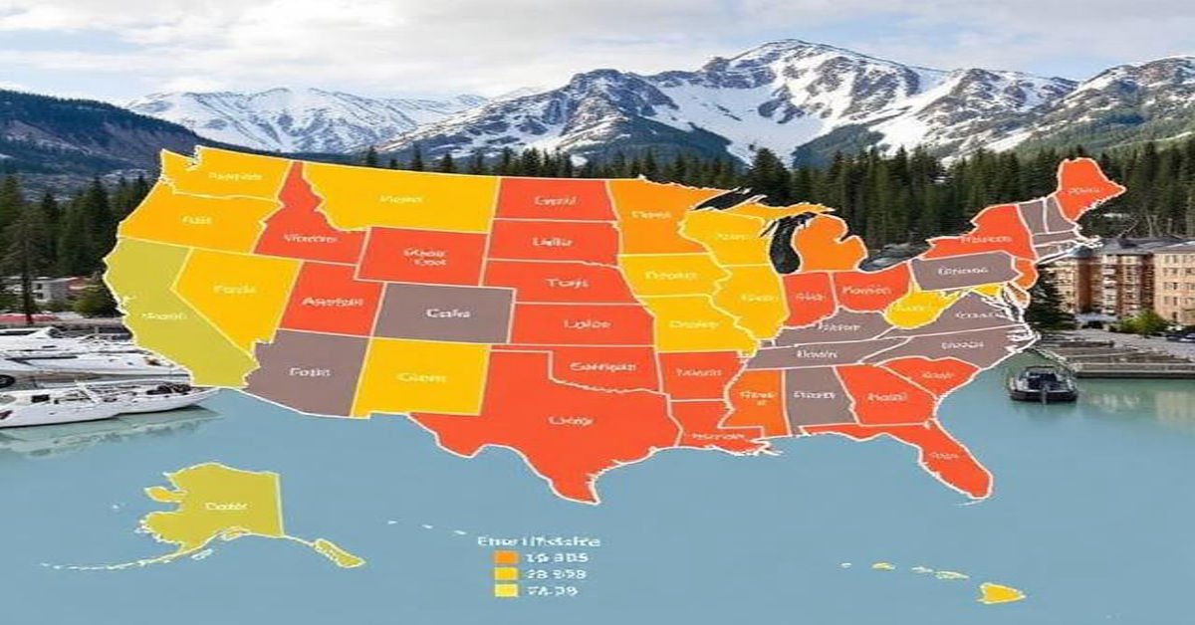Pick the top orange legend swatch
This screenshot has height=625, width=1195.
click(506, 557)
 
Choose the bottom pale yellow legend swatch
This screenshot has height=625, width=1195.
click(506, 590)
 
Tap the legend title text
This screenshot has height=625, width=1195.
click(538, 541)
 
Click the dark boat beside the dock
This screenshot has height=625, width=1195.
click(1042, 384)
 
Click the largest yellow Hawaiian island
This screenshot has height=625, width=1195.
click(1000, 594)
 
